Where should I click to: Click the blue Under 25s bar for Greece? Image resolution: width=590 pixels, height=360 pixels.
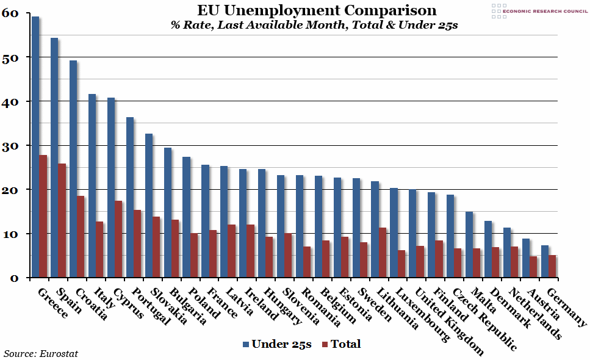(35, 146)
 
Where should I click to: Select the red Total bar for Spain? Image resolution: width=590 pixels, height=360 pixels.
(62, 220)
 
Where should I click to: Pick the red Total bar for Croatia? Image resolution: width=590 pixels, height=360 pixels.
(81, 237)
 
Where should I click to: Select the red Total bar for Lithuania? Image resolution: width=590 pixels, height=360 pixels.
(383, 253)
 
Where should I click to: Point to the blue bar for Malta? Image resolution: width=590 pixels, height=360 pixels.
(469, 244)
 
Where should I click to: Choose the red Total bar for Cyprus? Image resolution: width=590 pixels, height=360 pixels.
(119, 239)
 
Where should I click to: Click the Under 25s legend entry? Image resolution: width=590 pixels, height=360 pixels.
(277, 344)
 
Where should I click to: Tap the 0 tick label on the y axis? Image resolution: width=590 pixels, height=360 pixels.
(15, 278)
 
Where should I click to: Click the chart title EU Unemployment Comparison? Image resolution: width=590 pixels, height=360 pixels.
(316, 10)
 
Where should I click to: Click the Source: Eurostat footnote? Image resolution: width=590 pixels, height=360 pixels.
(41, 353)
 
